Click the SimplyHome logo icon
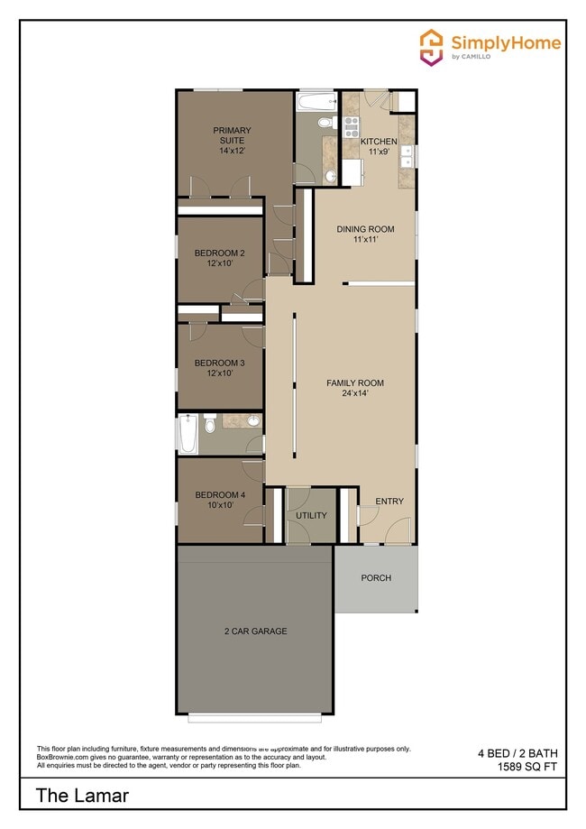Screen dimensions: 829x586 (x=432, y=45)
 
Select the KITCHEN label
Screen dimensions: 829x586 (x=379, y=143)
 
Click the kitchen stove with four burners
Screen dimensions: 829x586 (x=351, y=126)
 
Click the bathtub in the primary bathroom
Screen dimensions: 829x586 (x=316, y=101)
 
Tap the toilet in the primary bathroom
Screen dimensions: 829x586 (x=328, y=122)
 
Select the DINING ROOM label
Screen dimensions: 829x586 (x=365, y=229)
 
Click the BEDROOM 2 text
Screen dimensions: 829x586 (x=220, y=253)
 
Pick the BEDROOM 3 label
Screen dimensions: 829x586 (x=220, y=364)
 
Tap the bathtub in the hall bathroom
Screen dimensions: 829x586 (x=188, y=434)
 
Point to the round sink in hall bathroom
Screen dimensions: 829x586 (x=253, y=420)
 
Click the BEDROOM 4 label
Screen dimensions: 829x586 (x=220, y=494)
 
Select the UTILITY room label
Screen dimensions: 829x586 (x=311, y=516)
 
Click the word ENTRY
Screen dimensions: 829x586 (x=389, y=502)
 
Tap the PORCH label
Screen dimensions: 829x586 (x=376, y=578)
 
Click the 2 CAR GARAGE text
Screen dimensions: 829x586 (x=256, y=631)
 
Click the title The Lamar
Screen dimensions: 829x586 (x=83, y=796)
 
